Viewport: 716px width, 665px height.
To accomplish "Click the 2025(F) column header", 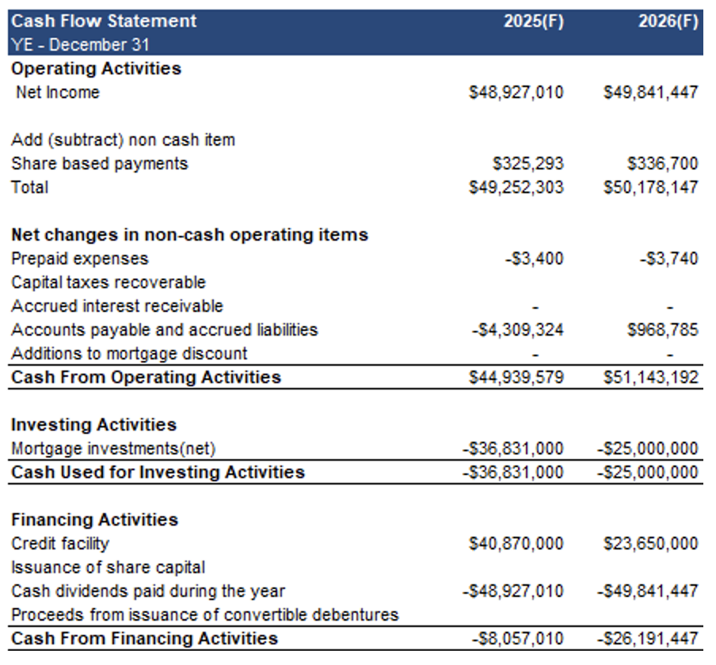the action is coord(534,21).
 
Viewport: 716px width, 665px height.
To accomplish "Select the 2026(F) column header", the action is coord(668,21).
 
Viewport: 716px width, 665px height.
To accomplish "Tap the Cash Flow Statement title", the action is coord(104,21).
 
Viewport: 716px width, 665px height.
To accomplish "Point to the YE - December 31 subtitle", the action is coord(80,44).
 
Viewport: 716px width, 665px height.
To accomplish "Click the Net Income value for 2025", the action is coord(516,92).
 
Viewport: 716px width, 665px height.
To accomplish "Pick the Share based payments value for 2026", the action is coord(663,163).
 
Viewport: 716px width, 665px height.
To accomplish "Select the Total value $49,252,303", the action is coord(516,187).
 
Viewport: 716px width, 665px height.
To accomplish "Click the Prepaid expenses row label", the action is coord(80,259).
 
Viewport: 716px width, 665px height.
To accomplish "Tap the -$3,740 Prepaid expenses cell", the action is coord(669,259).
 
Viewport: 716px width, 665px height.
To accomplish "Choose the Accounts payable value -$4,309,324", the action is coord(518,330).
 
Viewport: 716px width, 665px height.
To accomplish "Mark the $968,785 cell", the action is coord(663,330).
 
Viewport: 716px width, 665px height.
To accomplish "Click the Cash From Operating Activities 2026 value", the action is coord(651,378).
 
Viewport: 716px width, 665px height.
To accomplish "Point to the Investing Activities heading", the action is coord(93,424).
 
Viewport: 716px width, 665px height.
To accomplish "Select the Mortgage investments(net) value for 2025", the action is coord(513,449).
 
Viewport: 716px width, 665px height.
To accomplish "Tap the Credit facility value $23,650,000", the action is coord(651,544).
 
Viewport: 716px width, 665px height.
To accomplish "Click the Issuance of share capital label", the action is coord(109,568).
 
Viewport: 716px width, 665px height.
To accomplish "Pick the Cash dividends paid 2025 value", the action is coord(513,591).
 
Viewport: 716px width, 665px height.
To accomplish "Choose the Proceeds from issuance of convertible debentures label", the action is coord(205,615).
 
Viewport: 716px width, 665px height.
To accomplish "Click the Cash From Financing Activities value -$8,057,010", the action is coord(518,639).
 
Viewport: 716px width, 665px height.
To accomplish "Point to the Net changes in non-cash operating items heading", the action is coord(189,234).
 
